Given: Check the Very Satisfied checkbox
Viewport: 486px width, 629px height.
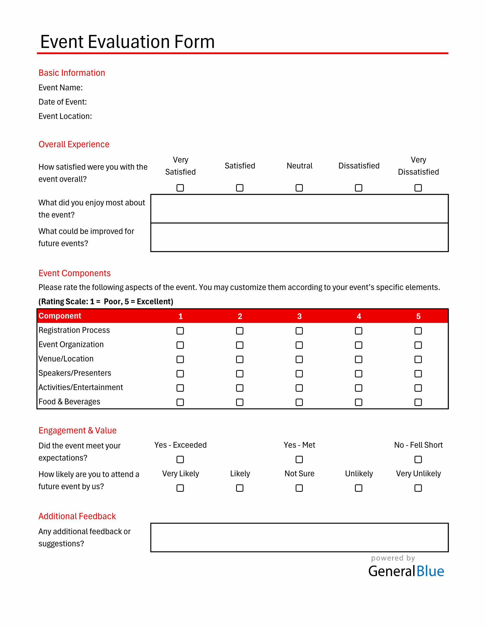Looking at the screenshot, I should click(180, 188).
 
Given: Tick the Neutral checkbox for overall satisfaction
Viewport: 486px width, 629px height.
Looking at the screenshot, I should click(299, 188).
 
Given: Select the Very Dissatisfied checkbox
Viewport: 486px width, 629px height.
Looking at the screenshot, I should click(418, 188).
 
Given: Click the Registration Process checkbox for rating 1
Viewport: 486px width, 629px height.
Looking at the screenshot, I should click(180, 331).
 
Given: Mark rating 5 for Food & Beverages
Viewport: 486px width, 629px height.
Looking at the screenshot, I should click(418, 402).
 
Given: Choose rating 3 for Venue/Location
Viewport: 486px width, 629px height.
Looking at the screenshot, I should click(299, 360).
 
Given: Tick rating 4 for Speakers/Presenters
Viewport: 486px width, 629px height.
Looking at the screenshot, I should click(359, 374).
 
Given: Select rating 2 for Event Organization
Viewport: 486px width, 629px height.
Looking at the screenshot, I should click(239, 345).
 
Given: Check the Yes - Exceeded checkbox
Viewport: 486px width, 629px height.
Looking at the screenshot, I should click(180, 459).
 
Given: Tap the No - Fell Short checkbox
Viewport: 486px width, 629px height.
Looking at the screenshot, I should click(418, 459).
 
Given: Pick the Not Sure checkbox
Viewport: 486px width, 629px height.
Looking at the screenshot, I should click(299, 488).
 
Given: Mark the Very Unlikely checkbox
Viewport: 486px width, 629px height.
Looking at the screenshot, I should click(418, 488).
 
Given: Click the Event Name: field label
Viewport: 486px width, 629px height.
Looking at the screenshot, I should click(61, 87).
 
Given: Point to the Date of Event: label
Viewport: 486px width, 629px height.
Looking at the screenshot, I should click(62, 102).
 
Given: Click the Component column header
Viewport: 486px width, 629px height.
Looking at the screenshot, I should click(60, 316).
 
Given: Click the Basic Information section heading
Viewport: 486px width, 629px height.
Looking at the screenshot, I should click(72, 73).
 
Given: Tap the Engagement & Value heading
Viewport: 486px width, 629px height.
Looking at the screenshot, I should click(77, 430).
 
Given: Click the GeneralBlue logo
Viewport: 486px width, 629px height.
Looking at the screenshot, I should click(406, 571).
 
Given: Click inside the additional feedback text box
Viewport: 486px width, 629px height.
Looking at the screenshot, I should click(299, 538).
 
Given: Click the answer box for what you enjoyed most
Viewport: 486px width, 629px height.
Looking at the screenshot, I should click(299, 209).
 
